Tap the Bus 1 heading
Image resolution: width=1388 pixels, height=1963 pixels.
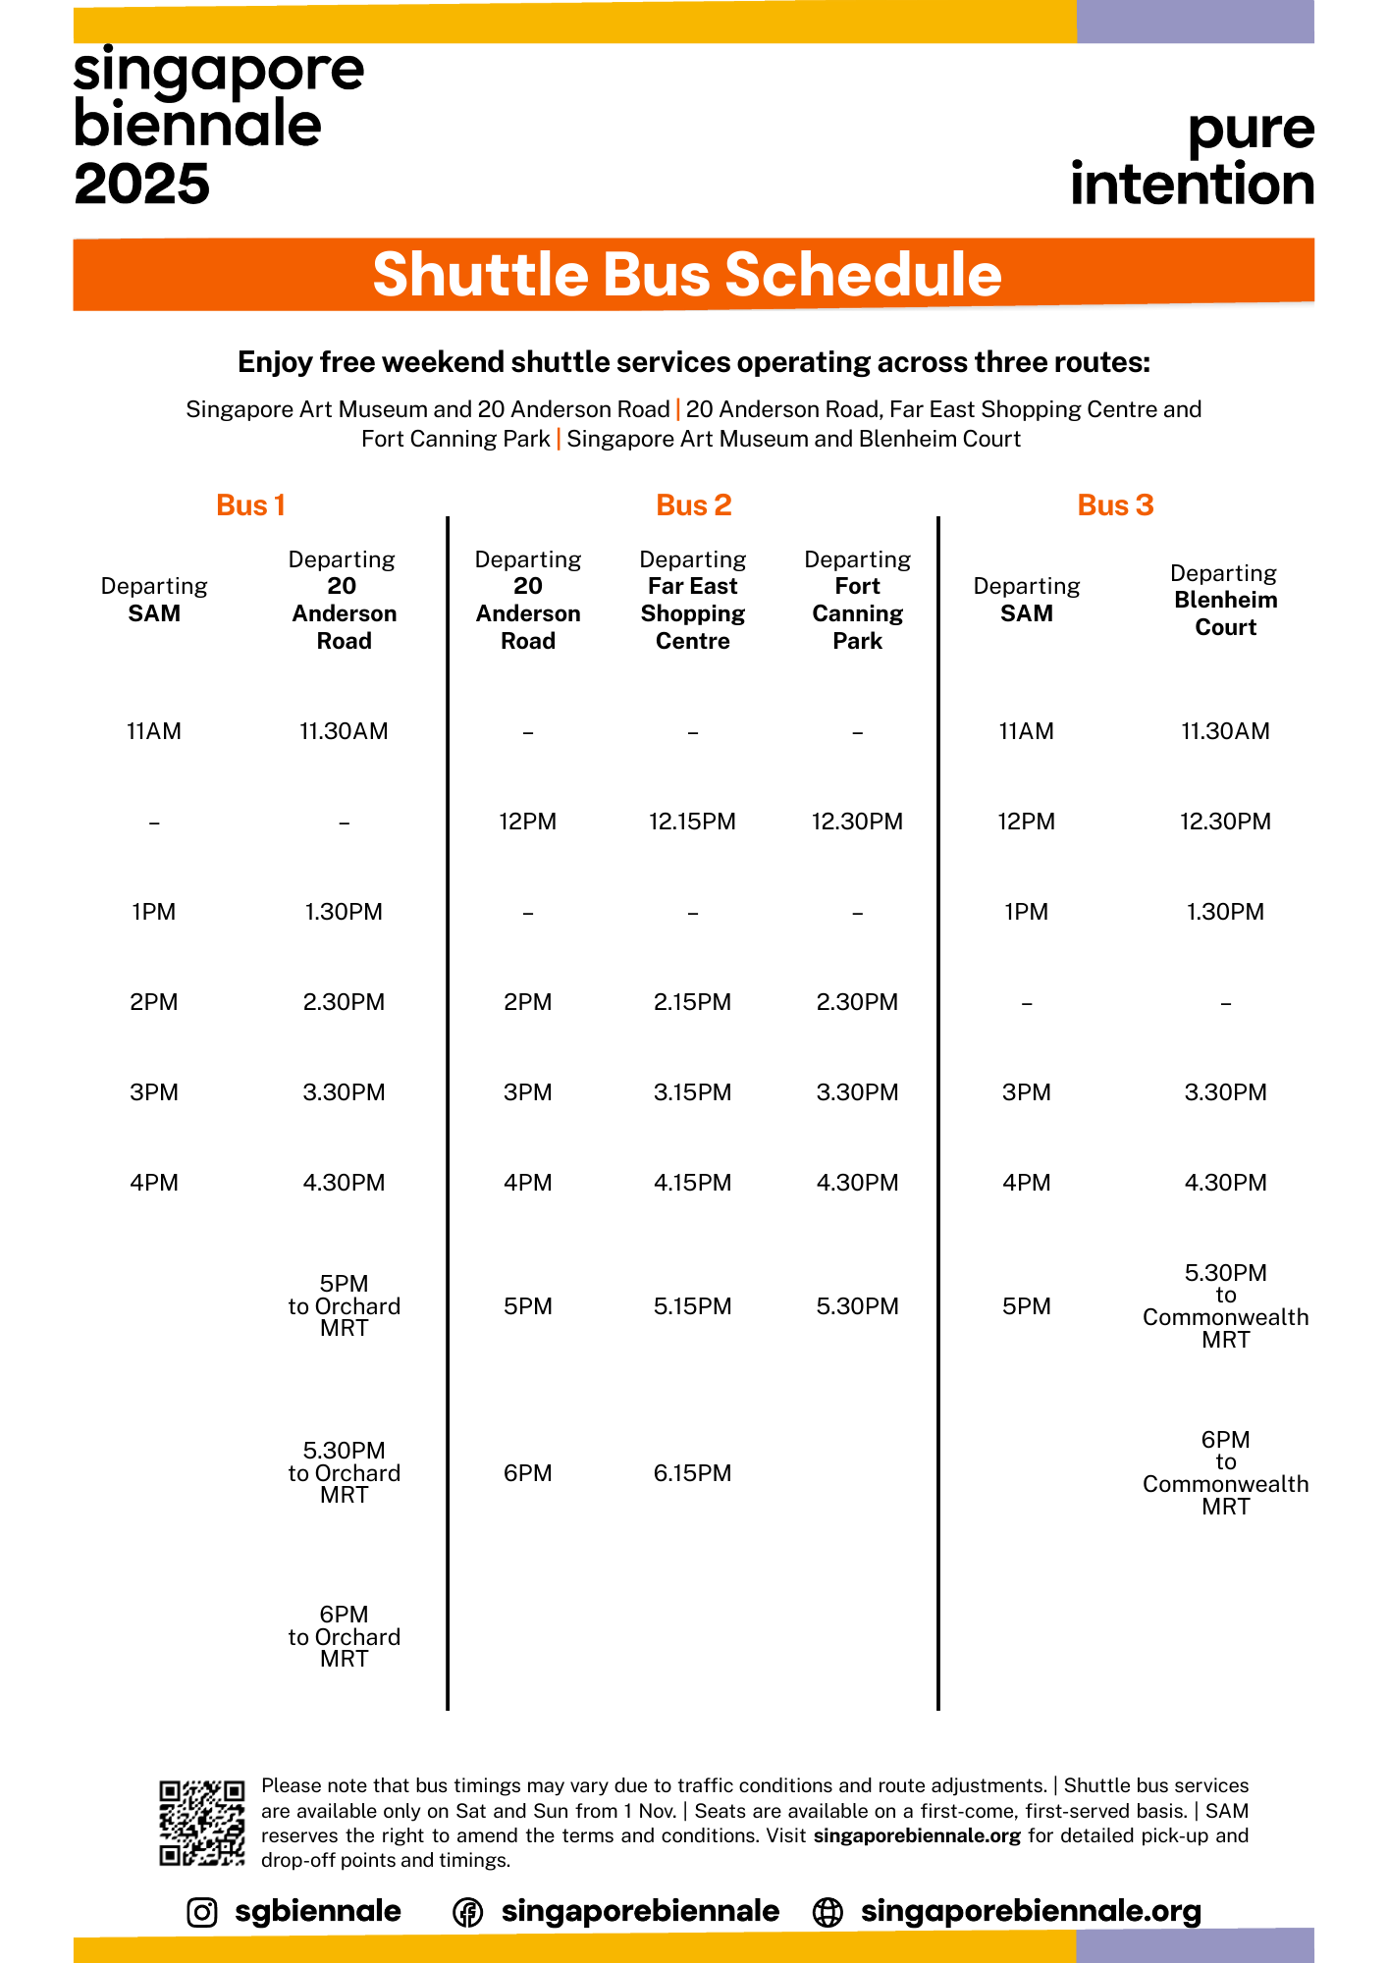click(250, 505)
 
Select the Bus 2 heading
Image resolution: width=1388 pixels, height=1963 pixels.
click(693, 505)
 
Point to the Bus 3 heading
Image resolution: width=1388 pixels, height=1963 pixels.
click(1115, 505)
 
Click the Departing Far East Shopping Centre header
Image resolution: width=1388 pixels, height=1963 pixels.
click(692, 600)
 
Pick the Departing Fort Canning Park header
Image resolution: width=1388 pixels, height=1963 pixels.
click(857, 600)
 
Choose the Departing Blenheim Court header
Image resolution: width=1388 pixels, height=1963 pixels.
click(1225, 600)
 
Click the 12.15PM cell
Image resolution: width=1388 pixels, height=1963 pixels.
click(692, 822)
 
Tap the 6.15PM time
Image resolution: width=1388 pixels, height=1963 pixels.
click(692, 1473)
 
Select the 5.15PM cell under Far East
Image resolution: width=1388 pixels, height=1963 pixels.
click(692, 1306)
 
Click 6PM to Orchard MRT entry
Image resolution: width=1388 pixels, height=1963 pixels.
click(344, 1636)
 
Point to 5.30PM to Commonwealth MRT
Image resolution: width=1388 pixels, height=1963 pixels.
click(1225, 1306)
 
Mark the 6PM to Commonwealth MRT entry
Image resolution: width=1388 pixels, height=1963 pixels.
click(1225, 1473)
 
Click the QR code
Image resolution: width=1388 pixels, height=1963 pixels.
click(202, 1823)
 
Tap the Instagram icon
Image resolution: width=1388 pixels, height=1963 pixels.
click(202, 1912)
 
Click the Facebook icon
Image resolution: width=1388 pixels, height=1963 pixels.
click(467, 1912)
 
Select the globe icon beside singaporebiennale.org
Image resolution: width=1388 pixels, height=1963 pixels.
click(828, 1912)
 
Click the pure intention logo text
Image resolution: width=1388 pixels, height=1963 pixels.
click(1193, 157)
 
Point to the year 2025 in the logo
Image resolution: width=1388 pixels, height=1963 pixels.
click(142, 184)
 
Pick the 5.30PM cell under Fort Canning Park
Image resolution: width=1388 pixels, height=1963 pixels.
click(857, 1306)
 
